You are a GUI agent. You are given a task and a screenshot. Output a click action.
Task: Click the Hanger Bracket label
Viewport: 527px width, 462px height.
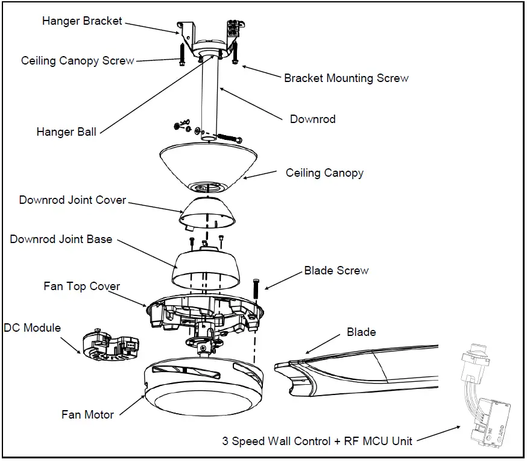pos(82,21)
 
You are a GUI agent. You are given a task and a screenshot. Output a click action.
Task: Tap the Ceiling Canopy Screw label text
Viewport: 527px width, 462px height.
pos(77,61)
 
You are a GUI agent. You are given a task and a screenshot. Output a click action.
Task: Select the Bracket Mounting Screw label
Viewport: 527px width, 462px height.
pos(346,78)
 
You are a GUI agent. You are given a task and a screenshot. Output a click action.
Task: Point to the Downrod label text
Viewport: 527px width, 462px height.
pos(312,119)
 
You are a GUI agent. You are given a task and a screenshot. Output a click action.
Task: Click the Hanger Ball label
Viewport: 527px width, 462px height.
pos(66,132)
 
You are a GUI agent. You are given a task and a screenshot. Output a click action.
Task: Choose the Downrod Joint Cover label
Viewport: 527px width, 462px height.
pos(72,200)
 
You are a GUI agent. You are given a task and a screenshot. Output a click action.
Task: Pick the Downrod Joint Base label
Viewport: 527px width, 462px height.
pos(61,239)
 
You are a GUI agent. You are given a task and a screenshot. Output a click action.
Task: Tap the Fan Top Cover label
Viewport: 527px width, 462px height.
pos(81,286)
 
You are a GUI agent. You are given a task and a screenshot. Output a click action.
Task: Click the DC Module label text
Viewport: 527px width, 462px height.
pos(33,328)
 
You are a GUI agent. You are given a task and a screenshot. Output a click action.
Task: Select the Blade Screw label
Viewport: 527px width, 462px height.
pos(336,270)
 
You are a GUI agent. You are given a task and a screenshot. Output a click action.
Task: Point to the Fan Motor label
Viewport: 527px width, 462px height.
pos(87,414)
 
